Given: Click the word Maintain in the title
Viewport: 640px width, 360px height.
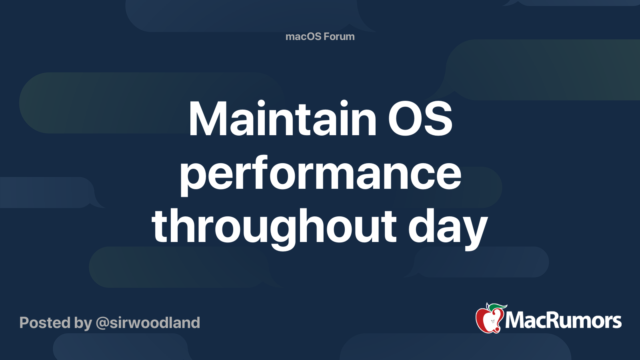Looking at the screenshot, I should coord(282,119).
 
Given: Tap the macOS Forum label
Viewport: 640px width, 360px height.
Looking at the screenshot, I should coord(320,36).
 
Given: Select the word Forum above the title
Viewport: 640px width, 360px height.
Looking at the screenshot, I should coord(339,36).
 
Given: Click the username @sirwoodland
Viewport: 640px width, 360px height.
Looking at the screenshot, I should coord(148,323).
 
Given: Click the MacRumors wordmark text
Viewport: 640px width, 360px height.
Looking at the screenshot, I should coord(563,320).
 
